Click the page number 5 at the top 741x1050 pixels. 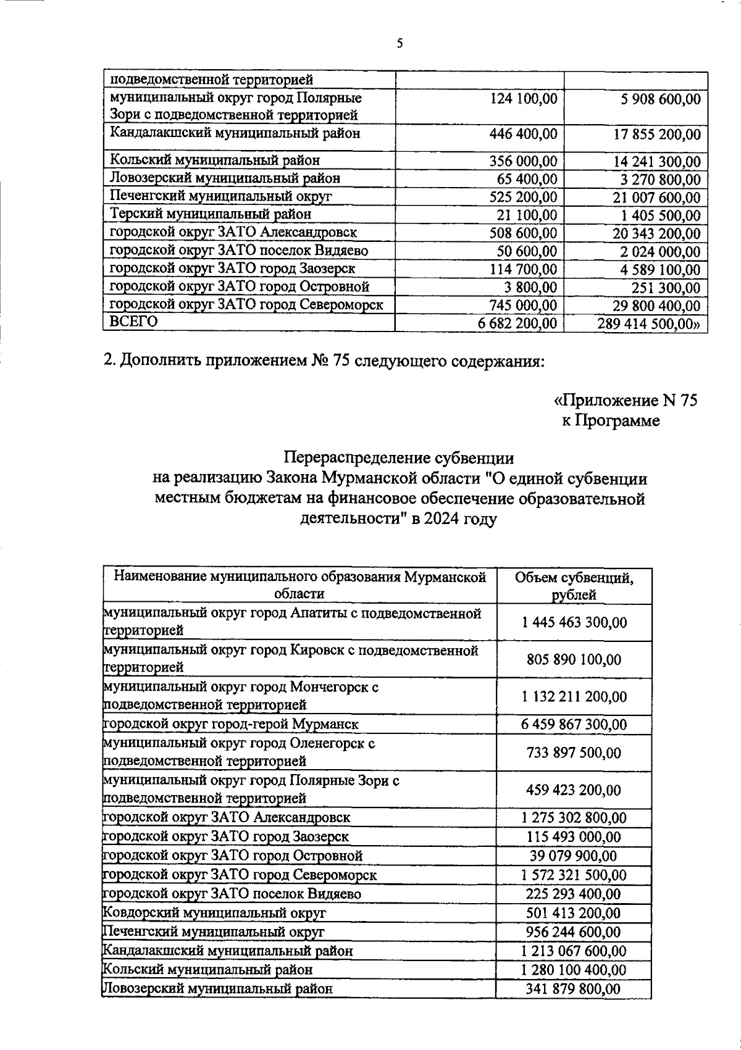coord(399,43)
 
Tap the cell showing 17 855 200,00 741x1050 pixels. coord(657,135)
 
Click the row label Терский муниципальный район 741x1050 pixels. coord(211,214)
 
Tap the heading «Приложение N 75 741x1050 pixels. coord(625,401)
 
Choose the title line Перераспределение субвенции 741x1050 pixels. coord(399,458)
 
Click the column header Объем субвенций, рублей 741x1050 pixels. coord(574,586)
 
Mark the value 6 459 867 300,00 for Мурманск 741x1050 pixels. coord(574,724)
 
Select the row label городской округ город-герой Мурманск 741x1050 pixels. coord(230,724)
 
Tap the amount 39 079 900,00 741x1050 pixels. coord(573,856)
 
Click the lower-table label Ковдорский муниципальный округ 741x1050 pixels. coord(214,912)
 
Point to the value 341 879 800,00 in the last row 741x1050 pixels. coord(573,989)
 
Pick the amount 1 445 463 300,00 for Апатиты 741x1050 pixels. coord(574,622)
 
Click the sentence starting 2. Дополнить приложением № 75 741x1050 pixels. coord(324,360)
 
